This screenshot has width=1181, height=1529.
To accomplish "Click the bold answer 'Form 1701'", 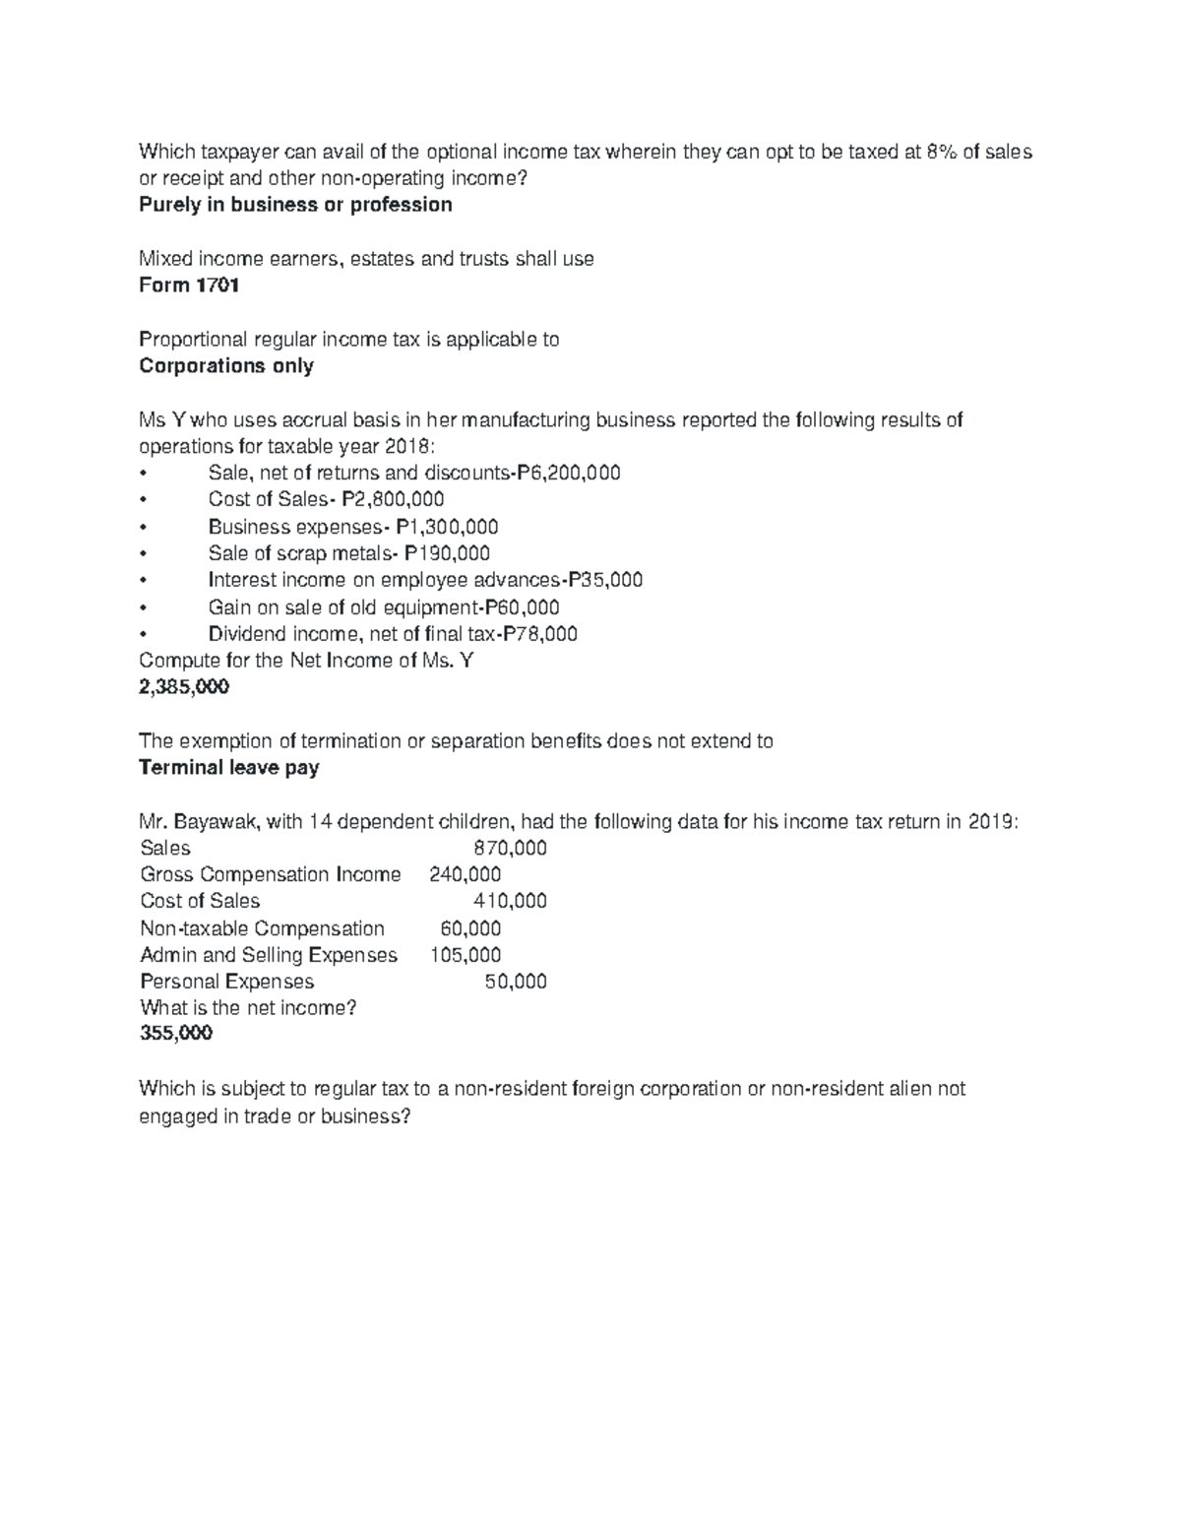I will [189, 286].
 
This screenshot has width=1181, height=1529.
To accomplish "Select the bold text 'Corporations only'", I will [226, 366].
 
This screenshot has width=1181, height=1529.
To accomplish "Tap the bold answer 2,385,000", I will [184, 687].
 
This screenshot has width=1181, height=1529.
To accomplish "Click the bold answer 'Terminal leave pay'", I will [229, 768].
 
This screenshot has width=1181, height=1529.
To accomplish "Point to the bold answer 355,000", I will [176, 1034].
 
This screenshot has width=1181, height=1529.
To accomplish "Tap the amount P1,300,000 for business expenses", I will [447, 528].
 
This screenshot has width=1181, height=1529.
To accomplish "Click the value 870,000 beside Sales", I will [510, 849].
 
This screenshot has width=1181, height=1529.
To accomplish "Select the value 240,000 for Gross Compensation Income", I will [465, 875].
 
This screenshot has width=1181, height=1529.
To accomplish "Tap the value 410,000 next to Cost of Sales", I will [510, 902].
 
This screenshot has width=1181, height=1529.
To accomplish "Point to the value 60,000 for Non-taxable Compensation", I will [470, 929].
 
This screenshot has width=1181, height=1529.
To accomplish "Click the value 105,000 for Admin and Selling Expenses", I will [465, 956].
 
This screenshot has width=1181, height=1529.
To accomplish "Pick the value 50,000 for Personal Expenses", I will [516, 983].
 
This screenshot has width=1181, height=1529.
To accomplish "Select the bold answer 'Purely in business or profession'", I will [295, 206].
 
